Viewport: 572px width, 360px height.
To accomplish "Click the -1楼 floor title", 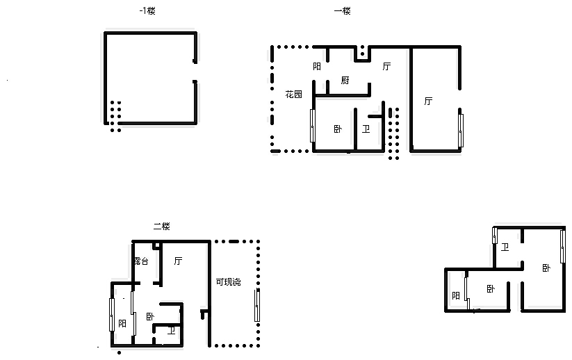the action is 147,11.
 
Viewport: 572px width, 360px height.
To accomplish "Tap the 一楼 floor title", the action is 342,11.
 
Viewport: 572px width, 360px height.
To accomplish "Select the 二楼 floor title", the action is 162,227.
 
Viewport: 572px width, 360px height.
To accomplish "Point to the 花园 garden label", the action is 294,95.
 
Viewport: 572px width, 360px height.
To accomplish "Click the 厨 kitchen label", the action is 345,80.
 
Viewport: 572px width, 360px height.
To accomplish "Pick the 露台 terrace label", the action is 141,261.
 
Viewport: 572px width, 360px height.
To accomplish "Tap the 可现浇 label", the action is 229,282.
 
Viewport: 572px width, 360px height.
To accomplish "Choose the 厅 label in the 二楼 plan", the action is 178,261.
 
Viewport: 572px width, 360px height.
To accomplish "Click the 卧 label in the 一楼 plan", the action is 338,129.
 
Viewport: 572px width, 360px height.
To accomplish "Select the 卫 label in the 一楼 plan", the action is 366,129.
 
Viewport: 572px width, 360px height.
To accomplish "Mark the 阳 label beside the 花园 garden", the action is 317,67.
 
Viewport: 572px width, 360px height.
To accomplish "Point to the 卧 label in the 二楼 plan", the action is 150,317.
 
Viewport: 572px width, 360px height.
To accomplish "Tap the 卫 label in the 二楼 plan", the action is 171,331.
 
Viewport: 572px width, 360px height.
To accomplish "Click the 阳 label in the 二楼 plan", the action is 122,324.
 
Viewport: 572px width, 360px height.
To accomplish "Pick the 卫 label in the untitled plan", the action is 505,247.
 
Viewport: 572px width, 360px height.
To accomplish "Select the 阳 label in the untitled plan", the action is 456,295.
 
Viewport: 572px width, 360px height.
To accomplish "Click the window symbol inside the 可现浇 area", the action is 257,305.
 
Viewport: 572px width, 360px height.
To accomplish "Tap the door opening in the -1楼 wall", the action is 195,72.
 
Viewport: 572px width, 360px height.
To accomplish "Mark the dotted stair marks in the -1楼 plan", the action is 115,116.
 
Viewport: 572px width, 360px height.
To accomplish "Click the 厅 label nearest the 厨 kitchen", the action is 386,67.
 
